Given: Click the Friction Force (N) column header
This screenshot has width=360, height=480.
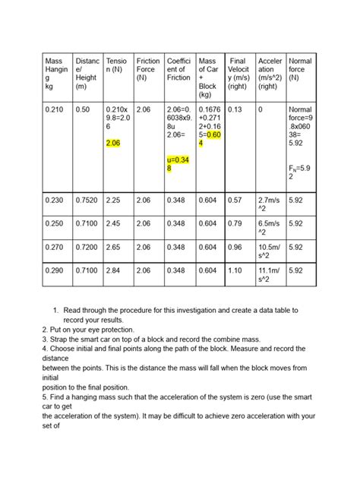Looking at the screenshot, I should (147, 68).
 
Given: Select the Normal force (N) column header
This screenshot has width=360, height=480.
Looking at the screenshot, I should (299, 68).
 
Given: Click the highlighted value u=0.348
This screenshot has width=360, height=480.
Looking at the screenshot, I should (178, 163).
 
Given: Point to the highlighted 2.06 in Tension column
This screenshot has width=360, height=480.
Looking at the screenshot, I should (114, 143).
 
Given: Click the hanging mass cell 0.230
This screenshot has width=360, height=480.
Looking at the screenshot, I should (55, 200).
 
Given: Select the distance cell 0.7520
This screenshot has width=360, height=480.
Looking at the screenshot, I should (87, 200).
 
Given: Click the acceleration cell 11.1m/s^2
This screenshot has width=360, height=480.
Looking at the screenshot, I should (270, 275).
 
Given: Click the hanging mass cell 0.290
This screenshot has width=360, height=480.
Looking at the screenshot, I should (55, 270).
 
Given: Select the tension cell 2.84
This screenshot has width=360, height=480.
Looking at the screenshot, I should (115, 270).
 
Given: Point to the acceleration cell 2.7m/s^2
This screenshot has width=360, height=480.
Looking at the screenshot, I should (270, 204).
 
